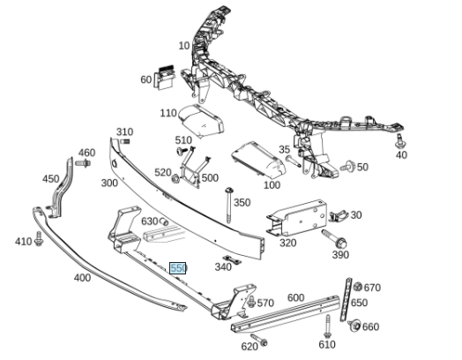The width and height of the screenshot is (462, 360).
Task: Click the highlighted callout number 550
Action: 178,268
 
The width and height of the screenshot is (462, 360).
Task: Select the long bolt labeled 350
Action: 229,206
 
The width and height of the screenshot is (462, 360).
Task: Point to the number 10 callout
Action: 184,46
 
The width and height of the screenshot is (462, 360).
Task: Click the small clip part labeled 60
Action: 164,78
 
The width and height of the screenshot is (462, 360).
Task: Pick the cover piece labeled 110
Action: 202,120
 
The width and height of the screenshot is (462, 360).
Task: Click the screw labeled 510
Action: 182,151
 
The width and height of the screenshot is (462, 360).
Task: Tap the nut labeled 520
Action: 175,178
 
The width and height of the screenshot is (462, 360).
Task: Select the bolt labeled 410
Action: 39,239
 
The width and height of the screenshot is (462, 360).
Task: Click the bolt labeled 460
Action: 83,162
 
